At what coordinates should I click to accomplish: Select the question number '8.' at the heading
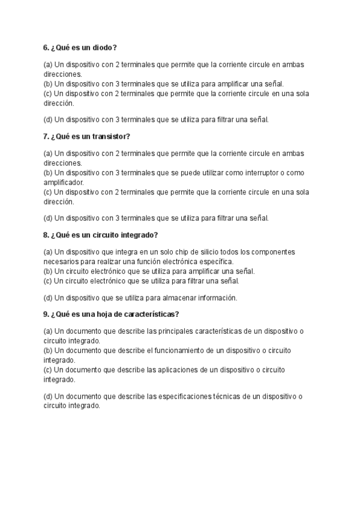[x=46, y=235]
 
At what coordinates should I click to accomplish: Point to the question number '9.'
[x=46, y=314]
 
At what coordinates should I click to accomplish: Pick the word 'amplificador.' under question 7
[x=64, y=182]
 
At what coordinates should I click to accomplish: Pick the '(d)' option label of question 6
[x=47, y=119]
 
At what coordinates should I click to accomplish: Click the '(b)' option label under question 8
[x=47, y=271]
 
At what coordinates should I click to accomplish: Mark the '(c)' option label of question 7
[x=47, y=192]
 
